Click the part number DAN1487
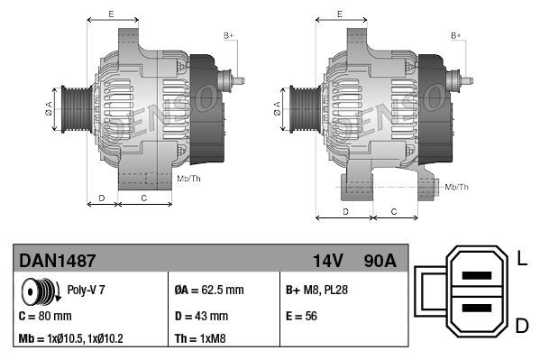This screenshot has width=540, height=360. point(58,260)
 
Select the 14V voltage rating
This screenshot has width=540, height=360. point(327,260)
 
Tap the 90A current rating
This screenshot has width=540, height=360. point(379,260)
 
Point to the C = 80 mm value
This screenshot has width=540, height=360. point(45,316)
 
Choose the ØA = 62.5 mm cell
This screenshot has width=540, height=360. point(208,291)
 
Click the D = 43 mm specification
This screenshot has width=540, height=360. point(200,316)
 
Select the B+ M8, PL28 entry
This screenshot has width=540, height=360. point(317,291)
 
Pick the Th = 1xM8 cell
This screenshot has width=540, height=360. point(200,340)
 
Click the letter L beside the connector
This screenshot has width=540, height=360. point(521,260)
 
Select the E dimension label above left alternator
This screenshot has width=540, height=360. point(110,14)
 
